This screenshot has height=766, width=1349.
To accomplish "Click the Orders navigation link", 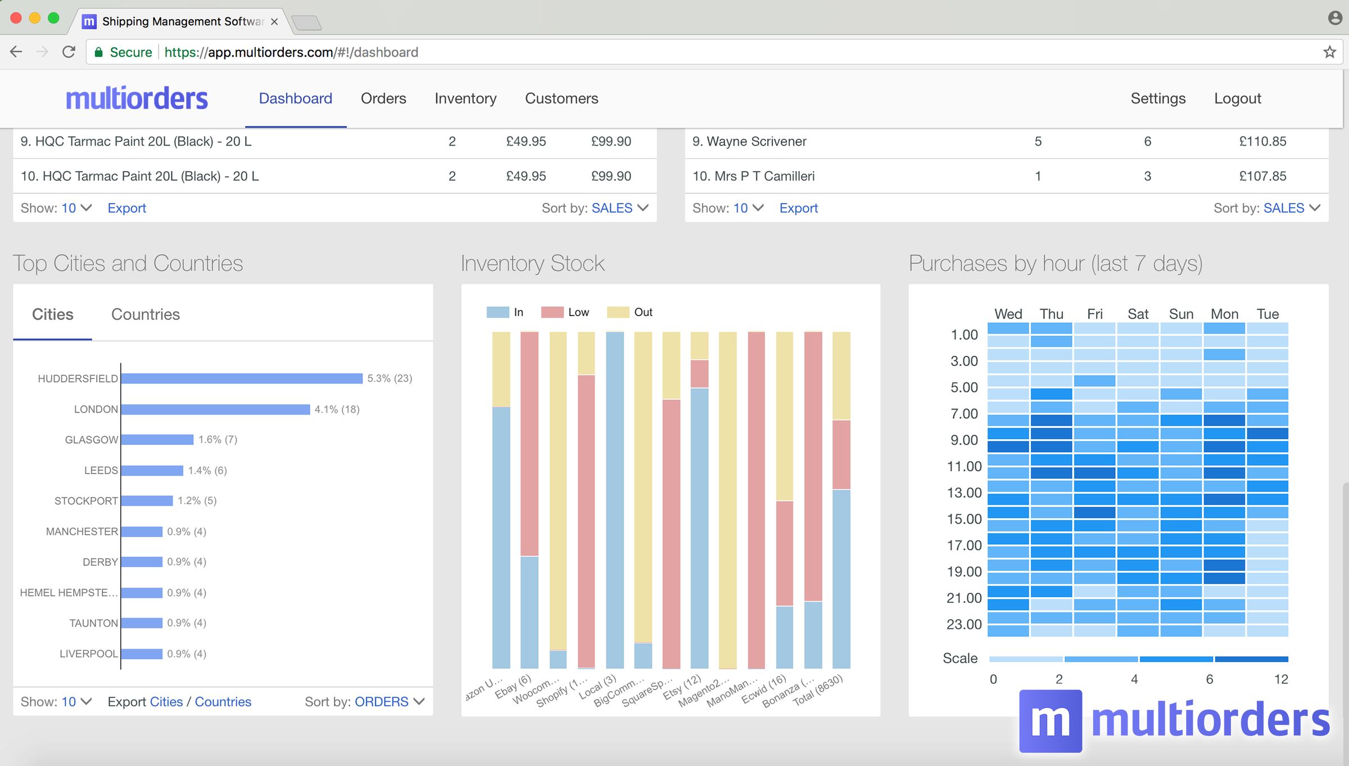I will (383, 98).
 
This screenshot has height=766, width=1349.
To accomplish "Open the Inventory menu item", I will (465, 98).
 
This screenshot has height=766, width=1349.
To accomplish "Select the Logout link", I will (1237, 98).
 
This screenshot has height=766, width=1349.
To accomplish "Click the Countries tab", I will (145, 314).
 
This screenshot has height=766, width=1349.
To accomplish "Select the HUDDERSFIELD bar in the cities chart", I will (242, 379).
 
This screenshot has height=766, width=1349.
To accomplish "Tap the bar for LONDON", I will (215, 409).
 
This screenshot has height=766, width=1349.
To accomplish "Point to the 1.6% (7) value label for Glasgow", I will (218, 440).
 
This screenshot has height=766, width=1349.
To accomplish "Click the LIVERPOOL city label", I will (89, 654).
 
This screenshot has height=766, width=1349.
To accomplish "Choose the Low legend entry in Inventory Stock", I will (577, 312).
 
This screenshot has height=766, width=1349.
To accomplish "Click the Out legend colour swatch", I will (618, 312).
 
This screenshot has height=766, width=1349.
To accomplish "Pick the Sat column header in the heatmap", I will (1138, 314).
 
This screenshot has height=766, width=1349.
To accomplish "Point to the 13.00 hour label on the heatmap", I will (964, 493).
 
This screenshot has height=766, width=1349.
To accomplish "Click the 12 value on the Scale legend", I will (1280, 679).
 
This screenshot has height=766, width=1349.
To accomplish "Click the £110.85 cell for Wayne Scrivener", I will (1262, 141).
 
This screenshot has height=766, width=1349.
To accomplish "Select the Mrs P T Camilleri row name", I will (753, 176).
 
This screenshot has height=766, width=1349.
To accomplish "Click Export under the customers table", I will (798, 208).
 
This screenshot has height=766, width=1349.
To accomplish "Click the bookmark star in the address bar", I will (1329, 52).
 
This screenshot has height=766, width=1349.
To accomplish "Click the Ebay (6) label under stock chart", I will (513, 687).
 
